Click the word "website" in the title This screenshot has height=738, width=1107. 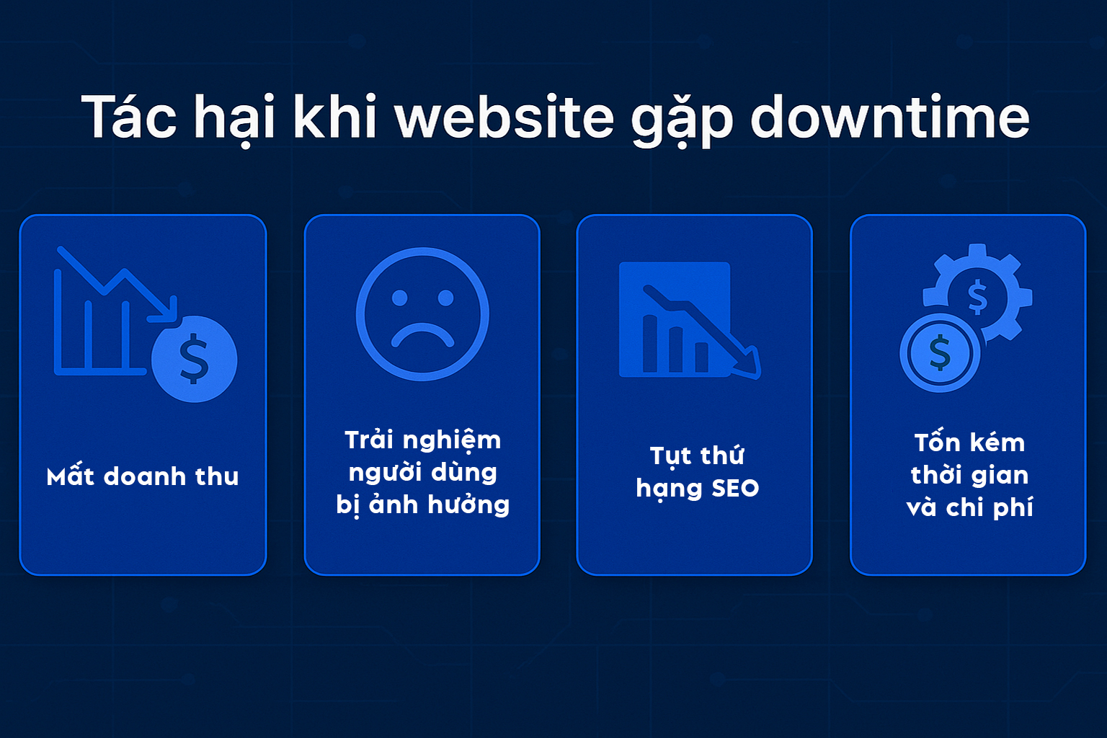[x=504, y=117]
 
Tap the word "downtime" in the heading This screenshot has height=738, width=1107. [x=889, y=117]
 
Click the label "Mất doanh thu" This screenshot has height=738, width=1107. [x=142, y=476]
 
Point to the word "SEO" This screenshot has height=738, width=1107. [x=735, y=489]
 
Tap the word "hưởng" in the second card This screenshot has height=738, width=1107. [x=468, y=505]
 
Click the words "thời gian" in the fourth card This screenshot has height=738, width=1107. [x=969, y=475]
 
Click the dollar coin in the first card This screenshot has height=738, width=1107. [x=194, y=359]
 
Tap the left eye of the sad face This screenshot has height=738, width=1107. [x=399, y=298]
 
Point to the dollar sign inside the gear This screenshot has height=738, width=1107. [x=977, y=297]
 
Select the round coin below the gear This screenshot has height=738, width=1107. [x=940, y=353]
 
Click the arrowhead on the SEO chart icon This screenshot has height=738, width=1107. [x=748, y=364]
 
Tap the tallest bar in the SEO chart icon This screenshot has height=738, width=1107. [x=650, y=343]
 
